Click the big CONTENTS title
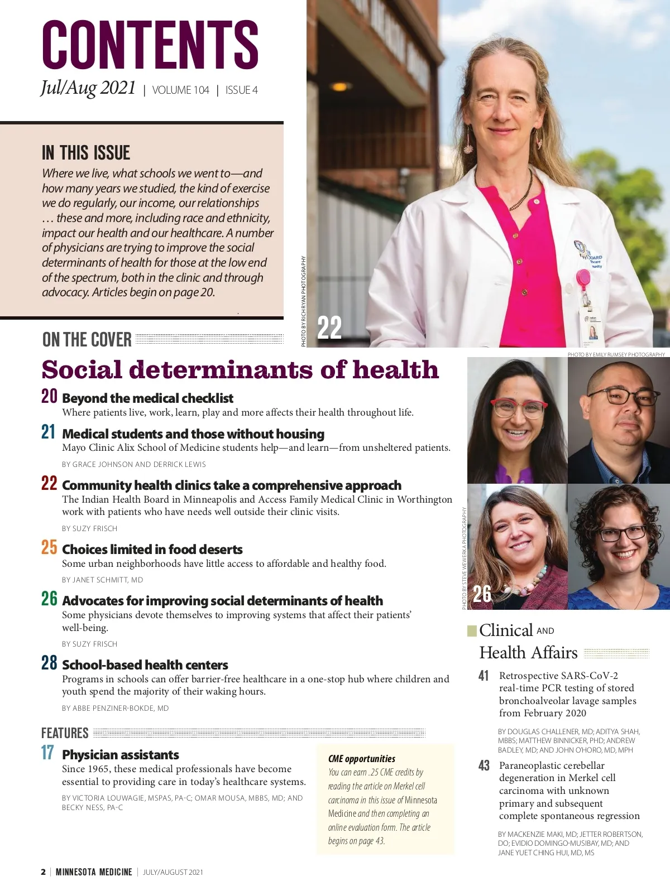(x=150, y=45)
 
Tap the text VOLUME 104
(x=180, y=90)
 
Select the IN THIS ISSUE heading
(x=86, y=153)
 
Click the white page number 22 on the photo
(x=329, y=327)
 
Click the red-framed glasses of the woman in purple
(x=518, y=408)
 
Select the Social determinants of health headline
(x=240, y=370)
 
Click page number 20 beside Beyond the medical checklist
(x=49, y=397)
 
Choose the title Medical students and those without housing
(x=193, y=434)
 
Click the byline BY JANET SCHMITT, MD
(x=102, y=580)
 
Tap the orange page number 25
(x=49, y=547)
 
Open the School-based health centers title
(x=145, y=665)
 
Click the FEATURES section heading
(x=65, y=733)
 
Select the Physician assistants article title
(x=121, y=755)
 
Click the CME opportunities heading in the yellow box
(x=361, y=759)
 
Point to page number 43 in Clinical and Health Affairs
(x=484, y=765)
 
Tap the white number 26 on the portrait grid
(x=482, y=594)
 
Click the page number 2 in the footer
(x=44, y=872)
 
